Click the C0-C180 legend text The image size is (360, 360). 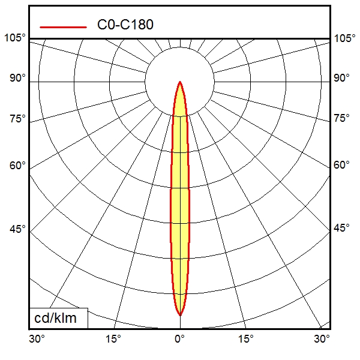[x=125, y=25]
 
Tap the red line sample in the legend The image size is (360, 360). [x=63, y=26]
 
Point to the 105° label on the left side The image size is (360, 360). [x=15, y=38]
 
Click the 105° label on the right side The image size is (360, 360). [x=345, y=38]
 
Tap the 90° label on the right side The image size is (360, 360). [x=342, y=79]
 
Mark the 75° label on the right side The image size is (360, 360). [x=342, y=118]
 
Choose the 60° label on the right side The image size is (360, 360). [x=342, y=166]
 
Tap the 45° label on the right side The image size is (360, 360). [x=342, y=229]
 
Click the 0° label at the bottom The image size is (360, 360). [x=179, y=339]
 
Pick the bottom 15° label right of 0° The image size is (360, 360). [x=246, y=339]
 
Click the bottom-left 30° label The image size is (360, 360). [x=37, y=339]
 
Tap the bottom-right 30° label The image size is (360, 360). [x=322, y=339]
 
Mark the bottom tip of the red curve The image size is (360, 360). [x=179, y=314]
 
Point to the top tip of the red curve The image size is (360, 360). [x=179, y=82]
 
